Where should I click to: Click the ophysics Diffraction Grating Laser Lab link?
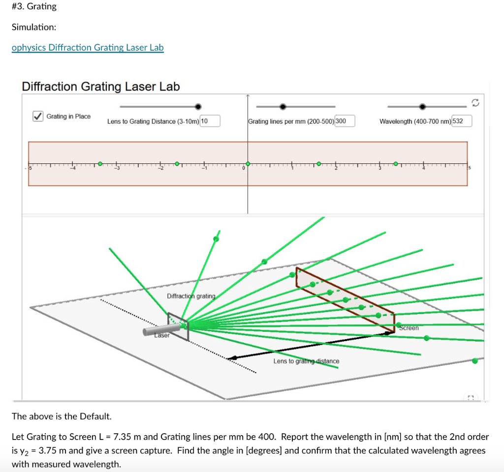click(88, 48)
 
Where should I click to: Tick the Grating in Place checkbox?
click(37, 117)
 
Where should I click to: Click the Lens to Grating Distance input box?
click(210, 121)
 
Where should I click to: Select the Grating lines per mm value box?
click(345, 121)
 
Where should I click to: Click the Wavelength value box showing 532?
click(462, 121)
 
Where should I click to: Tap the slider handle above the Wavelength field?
click(422, 106)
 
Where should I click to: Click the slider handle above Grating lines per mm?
click(283, 106)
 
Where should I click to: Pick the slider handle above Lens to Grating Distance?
click(198, 106)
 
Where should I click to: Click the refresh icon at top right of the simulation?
click(475, 102)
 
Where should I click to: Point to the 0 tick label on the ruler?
click(243, 169)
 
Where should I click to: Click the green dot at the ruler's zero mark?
click(248, 163)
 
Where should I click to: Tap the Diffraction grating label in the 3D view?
click(191, 296)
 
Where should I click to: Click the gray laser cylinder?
click(157, 330)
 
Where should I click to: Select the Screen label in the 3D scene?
click(409, 328)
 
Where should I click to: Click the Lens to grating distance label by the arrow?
click(306, 361)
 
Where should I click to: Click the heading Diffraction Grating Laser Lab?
click(101, 87)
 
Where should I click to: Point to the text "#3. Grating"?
click(34, 6)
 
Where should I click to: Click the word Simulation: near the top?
click(34, 27)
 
